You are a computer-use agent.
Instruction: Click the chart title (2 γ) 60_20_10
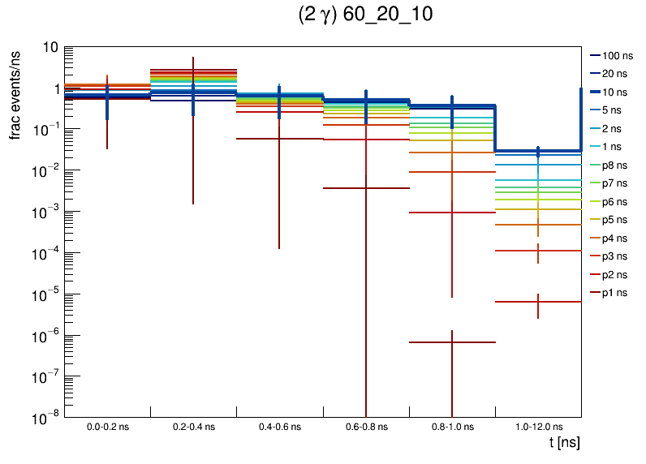click(x=365, y=16)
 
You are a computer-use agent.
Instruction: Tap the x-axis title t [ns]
click(x=564, y=443)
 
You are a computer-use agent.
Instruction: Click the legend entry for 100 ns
click(x=617, y=56)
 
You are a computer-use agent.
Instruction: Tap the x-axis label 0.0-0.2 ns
click(x=107, y=426)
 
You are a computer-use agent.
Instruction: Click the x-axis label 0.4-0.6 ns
click(x=280, y=426)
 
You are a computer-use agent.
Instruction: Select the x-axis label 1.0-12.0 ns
click(x=538, y=426)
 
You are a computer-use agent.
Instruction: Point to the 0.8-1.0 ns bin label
click(x=452, y=426)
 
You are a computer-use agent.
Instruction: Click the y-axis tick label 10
click(x=49, y=47)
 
